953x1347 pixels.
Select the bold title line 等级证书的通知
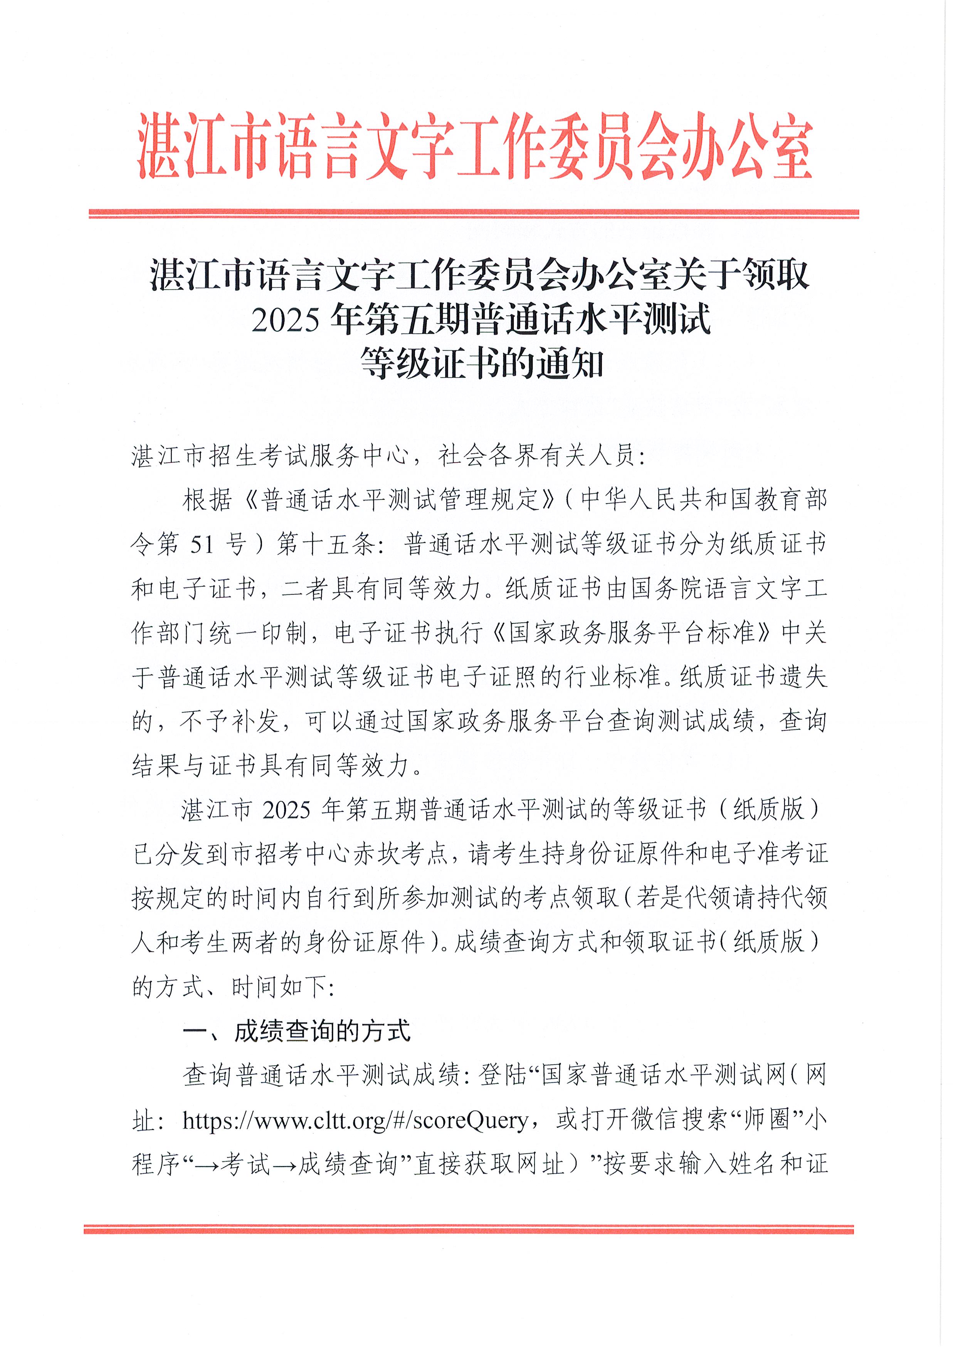click(x=482, y=364)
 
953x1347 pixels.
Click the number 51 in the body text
click(x=202, y=544)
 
